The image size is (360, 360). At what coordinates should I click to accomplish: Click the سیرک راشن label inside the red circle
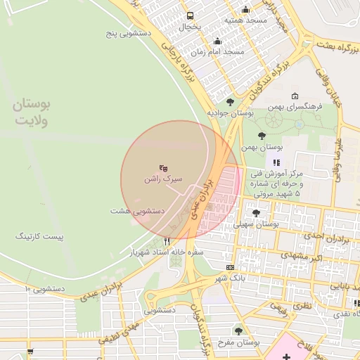click(163, 179)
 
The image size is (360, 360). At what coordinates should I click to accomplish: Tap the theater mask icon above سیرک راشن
click(163, 167)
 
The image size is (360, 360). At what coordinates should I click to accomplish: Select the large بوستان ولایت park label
click(31, 112)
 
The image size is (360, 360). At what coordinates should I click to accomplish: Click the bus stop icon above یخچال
click(189, 15)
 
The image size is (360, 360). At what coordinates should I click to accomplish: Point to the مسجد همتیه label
click(246, 20)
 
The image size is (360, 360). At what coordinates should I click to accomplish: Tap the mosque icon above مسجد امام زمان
click(218, 41)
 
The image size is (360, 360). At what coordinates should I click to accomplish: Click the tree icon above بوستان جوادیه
click(230, 102)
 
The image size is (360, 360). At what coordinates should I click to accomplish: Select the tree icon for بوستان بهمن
click(262, 136)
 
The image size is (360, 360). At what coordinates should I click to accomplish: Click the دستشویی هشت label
click(138, 210)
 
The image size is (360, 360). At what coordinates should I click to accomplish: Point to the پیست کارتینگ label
click(39, 237)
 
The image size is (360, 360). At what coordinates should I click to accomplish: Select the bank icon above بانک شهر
click(231, 267)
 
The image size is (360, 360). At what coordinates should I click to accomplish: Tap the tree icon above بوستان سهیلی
click(255, 212)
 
